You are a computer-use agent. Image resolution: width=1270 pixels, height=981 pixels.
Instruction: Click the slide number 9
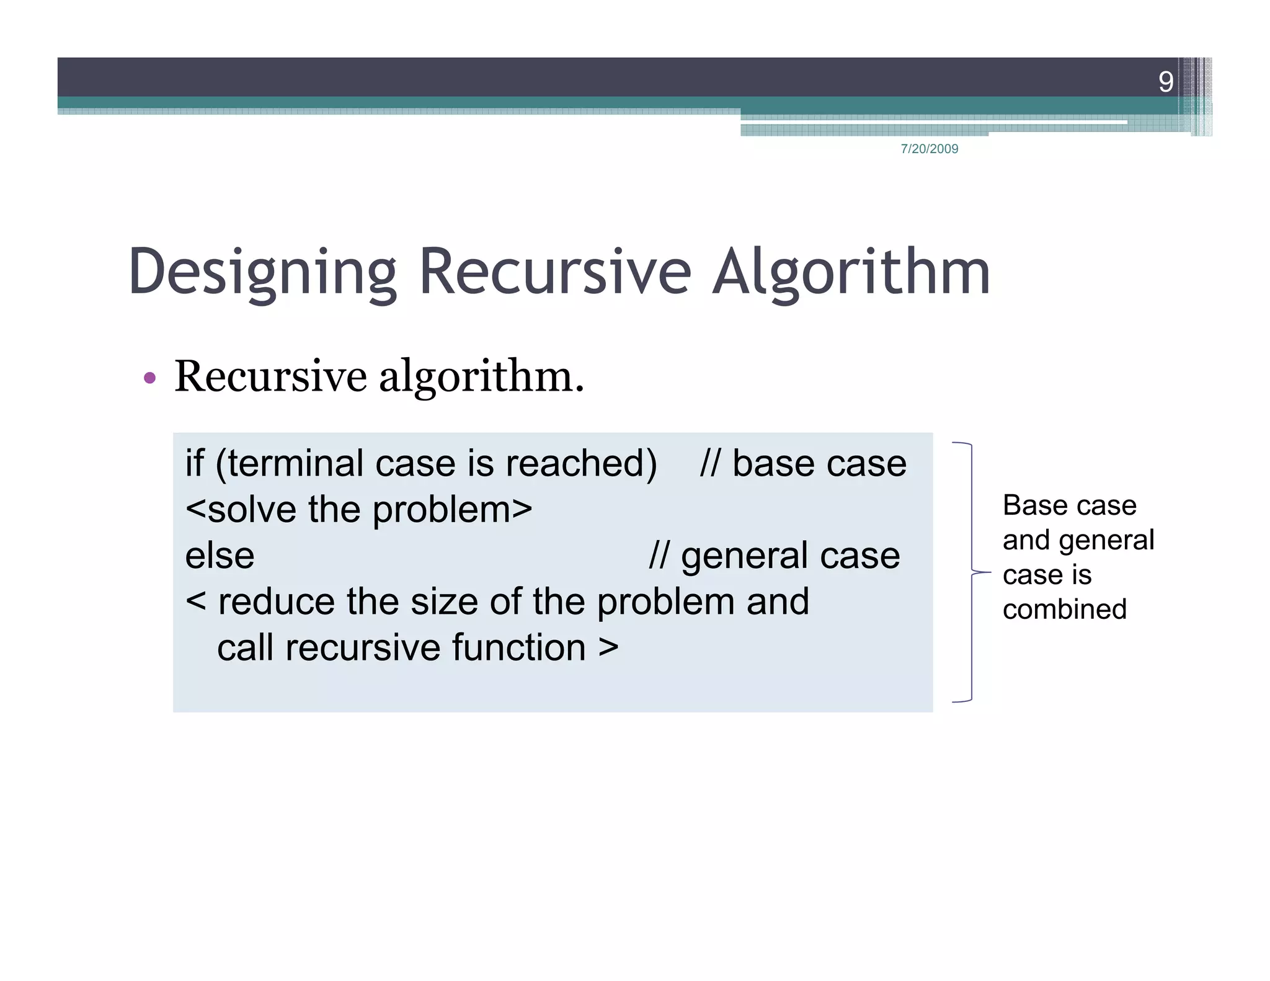pyautogui.click(x=1165, y=82)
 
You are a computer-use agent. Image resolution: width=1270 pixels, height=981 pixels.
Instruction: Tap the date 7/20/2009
pyautogui.click(x=929, y=149)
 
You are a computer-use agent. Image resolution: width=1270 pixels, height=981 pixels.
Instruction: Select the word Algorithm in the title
pyautogui.click(x=851, y=273)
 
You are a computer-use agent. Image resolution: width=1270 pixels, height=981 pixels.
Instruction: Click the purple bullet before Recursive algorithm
pyautogui.click(x=149, y=378)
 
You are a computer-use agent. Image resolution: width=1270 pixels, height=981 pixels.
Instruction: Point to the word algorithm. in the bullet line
pyautogui.click(x=481, y=377)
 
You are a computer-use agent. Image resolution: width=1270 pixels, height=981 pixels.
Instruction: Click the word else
pyautogui.click(x=220, y=556)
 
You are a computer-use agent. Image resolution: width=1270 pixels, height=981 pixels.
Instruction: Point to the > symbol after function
pyautogui.click(x=608, y=648)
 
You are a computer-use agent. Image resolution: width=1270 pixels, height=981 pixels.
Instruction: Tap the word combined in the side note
pyautogui.click(x=1064, y=610)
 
